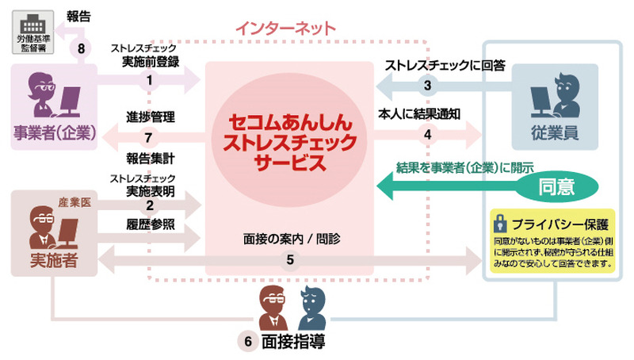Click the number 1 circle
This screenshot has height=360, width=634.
tap(149, 79)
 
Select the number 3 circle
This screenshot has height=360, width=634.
tap(427, 85)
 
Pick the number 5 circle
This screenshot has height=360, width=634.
tap(289, 259)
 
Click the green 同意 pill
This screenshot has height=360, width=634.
tap(556, 187)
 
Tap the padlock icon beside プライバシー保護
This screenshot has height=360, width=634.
tap(499, 221)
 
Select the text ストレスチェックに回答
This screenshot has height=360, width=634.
tap(444, 65)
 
